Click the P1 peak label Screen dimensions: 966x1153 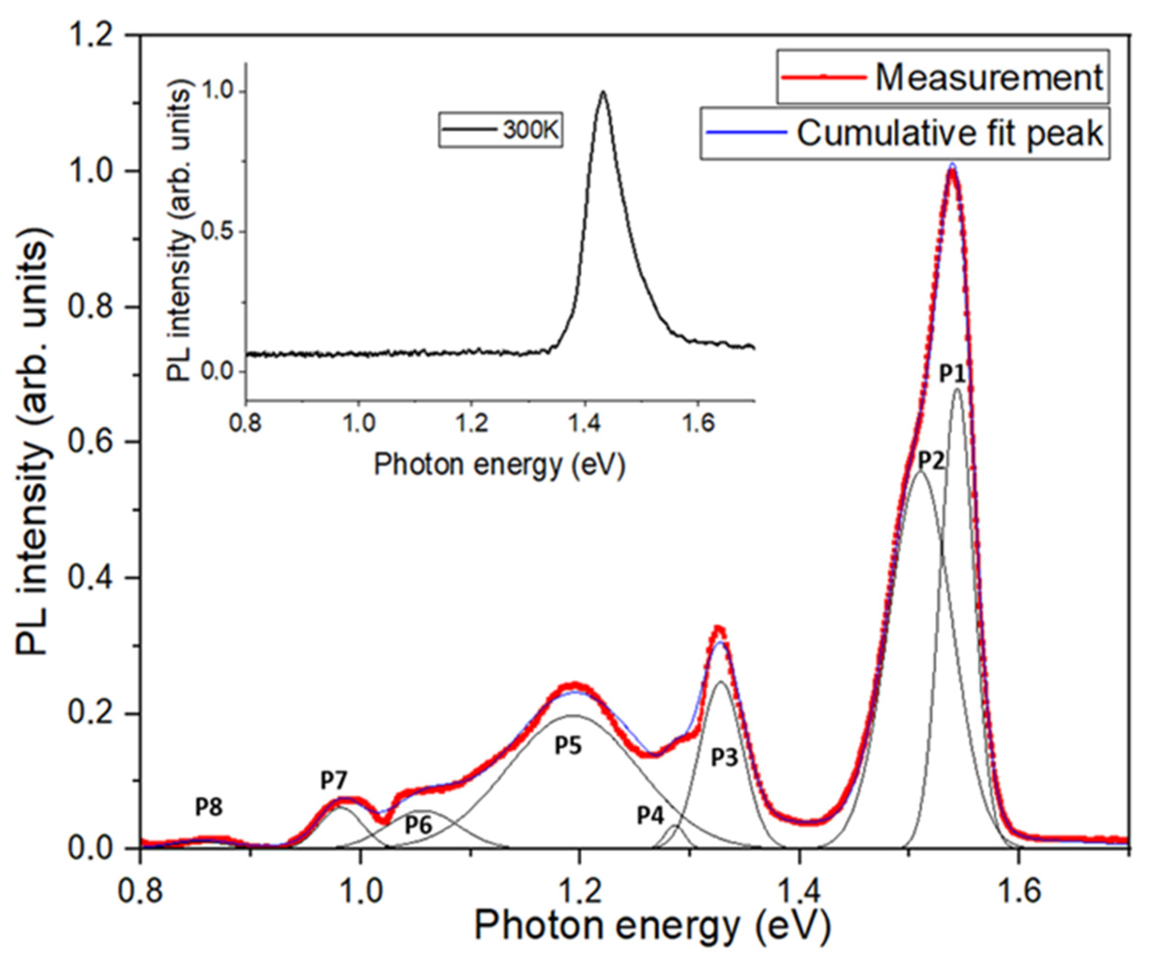(952, 375)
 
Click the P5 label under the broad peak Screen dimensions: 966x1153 (568, 746)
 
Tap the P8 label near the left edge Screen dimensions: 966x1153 (209, 808)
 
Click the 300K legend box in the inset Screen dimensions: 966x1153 (500, 130)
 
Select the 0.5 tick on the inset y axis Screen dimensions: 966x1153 (215, 232)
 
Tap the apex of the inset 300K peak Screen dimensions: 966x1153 (603, 92)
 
